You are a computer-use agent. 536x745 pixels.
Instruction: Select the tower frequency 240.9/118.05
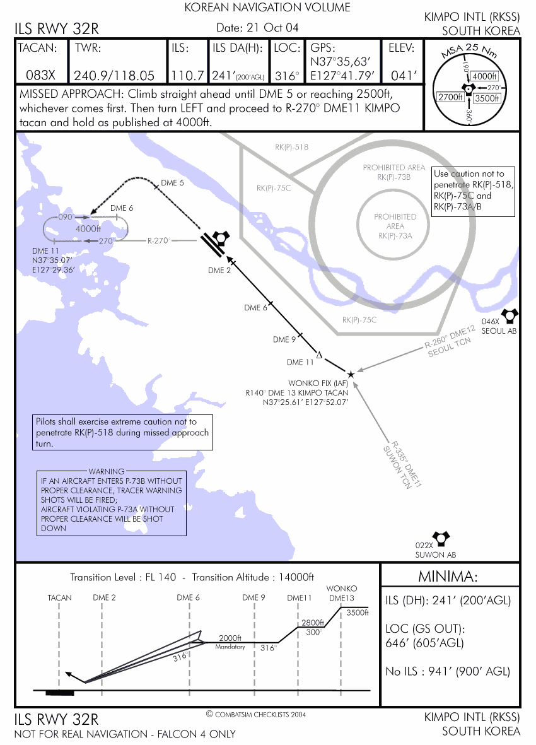tap(114, 76)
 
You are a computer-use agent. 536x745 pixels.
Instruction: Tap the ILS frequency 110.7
tap(187, 76)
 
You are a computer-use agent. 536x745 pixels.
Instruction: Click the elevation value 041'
tap(405, 76)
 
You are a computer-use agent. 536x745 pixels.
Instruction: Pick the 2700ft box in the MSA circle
tap(450, 97)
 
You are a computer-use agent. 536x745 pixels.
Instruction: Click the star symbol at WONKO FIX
tap(351, 374)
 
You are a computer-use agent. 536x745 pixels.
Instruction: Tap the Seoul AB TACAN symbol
tap(508, 315)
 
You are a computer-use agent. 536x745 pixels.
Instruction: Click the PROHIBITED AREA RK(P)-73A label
tap(395, 226)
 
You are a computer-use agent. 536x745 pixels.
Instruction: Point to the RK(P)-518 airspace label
tap(291, 147)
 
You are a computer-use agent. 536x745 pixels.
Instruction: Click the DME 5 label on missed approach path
tap(172, 183)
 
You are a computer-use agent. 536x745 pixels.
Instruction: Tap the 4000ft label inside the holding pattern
tap(88, 229)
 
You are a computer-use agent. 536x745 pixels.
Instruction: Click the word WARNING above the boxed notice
tap(107, 471)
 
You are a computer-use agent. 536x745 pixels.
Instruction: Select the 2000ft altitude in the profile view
tap(230, 638)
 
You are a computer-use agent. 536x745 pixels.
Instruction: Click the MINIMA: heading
tap(448, 577)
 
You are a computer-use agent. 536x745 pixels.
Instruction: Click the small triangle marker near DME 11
tap(318, 355)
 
